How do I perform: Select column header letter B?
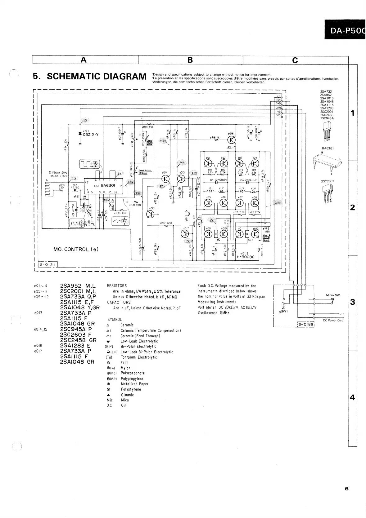pos(190,60)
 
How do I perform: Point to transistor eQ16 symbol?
pos(232,140)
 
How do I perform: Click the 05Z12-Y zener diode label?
pos(91,135)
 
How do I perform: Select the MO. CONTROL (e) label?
pos(76,249)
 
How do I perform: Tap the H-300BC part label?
pos(245,257)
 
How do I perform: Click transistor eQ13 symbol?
pos(151,214)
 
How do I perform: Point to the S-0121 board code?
pos(47,264)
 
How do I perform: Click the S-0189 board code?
pos(306,325)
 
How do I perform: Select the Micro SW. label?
pos(333,295)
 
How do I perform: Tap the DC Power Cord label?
pos(333,320)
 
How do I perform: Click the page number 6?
pos(346,489)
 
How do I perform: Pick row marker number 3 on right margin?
pos(352,302)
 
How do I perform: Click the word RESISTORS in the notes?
pos(117,286)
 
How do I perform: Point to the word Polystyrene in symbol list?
pos(131,389)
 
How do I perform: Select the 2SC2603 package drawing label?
pos(328,181)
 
